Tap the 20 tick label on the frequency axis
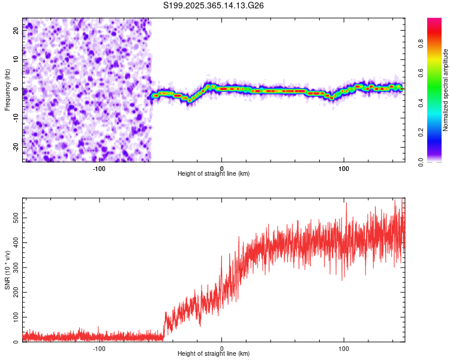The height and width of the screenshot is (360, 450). (x=16, y=31)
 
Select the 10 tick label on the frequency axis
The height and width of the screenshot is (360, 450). (x=16, y=60)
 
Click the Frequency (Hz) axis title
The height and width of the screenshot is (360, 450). (x=7, y=89)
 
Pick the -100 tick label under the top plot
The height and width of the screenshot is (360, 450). (x=99, y=168)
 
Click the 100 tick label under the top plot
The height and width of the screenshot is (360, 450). (x=344, y=168)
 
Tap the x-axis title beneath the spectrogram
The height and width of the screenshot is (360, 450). (x=214, y=174)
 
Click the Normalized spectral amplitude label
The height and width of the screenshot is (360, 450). (x=445, y=89)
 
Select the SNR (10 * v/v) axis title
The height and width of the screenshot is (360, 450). (x=7, y=270)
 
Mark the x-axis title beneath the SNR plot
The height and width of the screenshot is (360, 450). (x=214, y=354)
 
